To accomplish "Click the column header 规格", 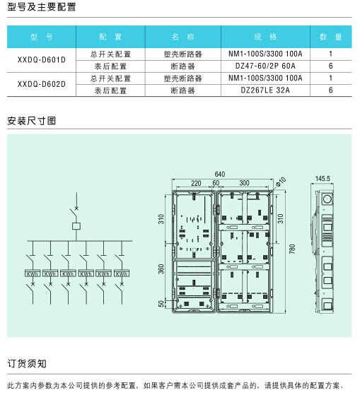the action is [x=265, y=37].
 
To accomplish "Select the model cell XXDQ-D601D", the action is [x=42, y=60].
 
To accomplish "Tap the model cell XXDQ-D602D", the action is [x=42, y=84].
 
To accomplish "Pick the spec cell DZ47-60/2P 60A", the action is [x=265, y=66].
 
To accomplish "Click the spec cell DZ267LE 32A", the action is [x=265, y=90].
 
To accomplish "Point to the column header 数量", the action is [x=331, y=37].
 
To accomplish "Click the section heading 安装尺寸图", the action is [x=32, y=121].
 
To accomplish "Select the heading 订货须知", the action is [x=27, y=363].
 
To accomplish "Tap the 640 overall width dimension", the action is [x=220, y=174].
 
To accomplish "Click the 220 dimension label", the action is [x=196, y=183].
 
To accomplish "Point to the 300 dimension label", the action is [x=244, y=183].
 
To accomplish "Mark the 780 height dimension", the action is [x=292, y=249].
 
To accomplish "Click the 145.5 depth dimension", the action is [x=323, y=179].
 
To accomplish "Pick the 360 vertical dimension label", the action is [x=161, y=269].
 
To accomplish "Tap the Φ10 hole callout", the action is [x=281, y=182].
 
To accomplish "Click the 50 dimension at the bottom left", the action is [x=161, y=304].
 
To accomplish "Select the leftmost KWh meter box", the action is [x=33, y=273].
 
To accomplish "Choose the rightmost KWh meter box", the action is [x=122, y=273].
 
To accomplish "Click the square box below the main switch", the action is [x=76, y=226].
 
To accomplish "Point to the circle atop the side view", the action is [x=327, y=199].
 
